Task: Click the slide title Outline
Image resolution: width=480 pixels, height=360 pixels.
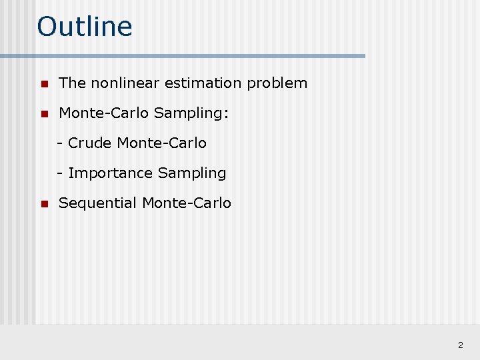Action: coord(85,27)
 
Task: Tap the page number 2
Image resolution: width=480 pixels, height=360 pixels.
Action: coord(460,345)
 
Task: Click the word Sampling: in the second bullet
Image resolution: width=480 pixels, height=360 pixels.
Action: coord(191,114)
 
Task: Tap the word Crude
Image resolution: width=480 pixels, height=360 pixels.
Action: coord(90,143)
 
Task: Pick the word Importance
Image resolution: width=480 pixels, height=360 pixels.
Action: coord(111,173)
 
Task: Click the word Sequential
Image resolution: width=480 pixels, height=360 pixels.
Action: coord(98,203)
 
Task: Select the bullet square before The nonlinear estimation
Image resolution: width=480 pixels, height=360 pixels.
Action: coord(43,84)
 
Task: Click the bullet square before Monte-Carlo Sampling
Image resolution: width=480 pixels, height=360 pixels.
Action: coord(43,114)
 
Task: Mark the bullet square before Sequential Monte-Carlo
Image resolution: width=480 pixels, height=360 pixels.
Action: coord(43,204)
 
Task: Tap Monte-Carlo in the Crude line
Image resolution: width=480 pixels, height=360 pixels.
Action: coord(162,143)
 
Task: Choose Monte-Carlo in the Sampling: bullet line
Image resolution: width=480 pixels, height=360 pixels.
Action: coord(104,113)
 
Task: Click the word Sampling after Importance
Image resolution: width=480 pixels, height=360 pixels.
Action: coord(192,173)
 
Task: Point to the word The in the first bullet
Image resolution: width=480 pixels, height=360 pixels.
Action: coord(72,83)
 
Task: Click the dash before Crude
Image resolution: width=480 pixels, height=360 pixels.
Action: coord(60,143)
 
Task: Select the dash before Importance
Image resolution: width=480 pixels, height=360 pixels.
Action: coord(60,173)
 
